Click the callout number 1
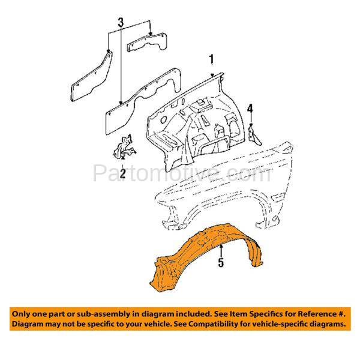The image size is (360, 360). pos(211,59)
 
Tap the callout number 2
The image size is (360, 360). pos(123,173)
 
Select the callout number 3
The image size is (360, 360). pos(121,22)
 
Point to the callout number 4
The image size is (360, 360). pos(250,109)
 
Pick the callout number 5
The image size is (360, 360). pos(221,262)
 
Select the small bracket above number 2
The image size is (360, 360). pos(124,146)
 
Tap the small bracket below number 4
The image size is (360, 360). pos(254,136)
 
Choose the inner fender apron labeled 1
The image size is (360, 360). pos(193,122)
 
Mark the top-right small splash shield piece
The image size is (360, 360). pos(148,42)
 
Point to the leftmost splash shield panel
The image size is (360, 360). pos(91,77)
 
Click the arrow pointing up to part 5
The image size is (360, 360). pos(221,251)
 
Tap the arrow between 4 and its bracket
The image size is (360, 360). pos(251,119)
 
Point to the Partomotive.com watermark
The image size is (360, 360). pos(182,173)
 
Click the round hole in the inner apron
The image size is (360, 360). pos(163,119)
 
